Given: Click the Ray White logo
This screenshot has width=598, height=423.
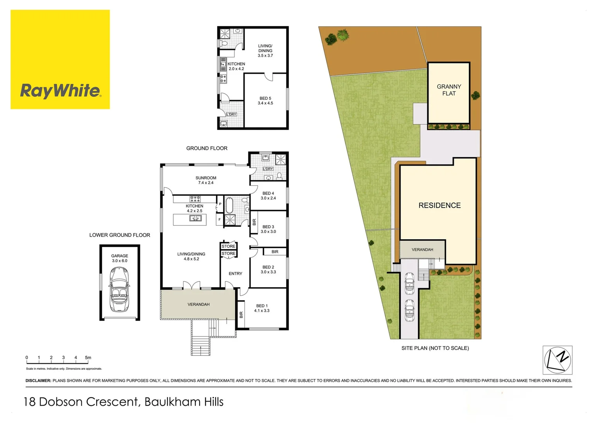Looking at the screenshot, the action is pyautogui.click(x=60, y=59).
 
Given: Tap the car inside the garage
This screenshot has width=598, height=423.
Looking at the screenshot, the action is pyautogui.click(x=119, y=290).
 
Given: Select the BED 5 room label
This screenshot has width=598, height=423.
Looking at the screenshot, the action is pyautogui.click(x=265, y=98).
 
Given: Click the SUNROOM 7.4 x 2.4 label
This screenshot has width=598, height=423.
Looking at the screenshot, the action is pyautogui.click(x=206, y=181).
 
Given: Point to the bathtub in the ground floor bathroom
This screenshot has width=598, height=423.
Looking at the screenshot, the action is pyautogui.click(x=229, y=205).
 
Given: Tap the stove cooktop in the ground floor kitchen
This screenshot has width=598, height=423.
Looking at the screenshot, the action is pyautogui.click(x=195, y=199).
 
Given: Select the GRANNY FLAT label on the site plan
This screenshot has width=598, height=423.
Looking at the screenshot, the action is pyautogui.click(x=449, y=90).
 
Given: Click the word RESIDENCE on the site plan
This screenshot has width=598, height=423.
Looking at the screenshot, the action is pyautogui.click(x=439, y=205).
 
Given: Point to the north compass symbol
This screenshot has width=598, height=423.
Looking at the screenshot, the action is pyautogui.click(x=557, y=360).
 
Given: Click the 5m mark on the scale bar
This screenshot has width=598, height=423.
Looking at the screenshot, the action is pyautogui.click(x=88, y=358).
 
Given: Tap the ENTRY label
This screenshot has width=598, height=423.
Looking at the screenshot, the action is pyautogui.click(x=236, y=274).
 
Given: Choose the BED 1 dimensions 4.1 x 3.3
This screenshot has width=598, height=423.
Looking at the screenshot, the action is pyautogui.click(x=261, y=311).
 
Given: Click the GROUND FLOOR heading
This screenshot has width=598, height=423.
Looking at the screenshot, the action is pyautogui.click(x=207, y=148).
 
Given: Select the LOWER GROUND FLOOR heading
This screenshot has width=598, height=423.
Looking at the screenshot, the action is pyautogui.click(x=120, y=235).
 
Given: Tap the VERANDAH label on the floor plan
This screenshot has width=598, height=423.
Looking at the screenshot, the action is pyautogui.click(x=199, y=304).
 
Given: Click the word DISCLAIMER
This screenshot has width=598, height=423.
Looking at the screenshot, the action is pyautogui.click(x=38, y=381).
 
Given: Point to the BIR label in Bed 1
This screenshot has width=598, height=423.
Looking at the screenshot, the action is pyautogui.click(x=241, y=315).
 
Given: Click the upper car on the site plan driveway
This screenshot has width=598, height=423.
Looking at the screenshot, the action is pyautogui.click(x=409, y=283).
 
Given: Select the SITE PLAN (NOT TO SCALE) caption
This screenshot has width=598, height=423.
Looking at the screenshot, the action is pyautogui.click(x=435, y=348).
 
